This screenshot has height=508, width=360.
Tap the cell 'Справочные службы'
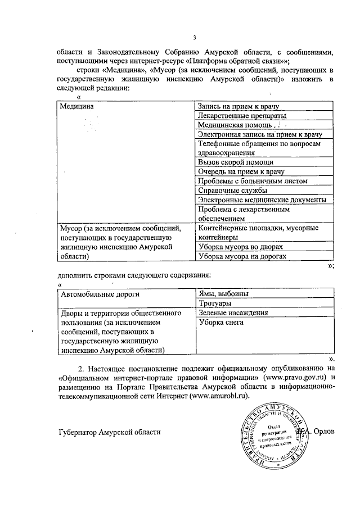point(226,190)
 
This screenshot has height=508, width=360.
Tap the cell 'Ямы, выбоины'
point(223,294)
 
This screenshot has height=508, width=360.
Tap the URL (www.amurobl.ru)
point(220,397)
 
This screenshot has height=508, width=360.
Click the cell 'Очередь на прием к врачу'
point(240,171)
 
